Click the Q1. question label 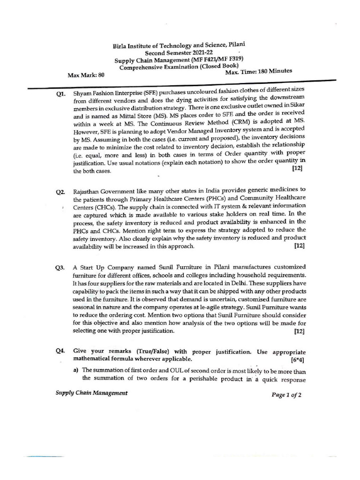[60, 94]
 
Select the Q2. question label [60, 192]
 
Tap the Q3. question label [60, 268]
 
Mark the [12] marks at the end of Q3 [300, 331]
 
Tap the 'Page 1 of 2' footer [286, 395]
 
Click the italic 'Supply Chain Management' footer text [91, 393]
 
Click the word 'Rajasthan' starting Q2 [88, 192]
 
